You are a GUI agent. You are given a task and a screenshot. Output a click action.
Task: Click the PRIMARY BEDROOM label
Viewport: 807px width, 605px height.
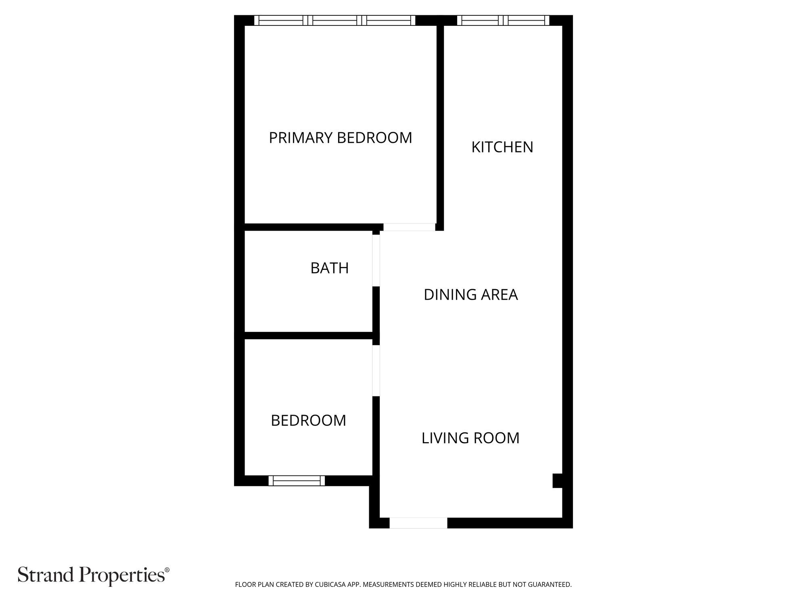click(x=341, y=138)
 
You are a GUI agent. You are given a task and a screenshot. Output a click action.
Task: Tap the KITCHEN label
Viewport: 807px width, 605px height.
click(x=502, y=147)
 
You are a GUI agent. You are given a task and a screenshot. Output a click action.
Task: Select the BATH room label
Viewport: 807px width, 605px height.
click(x=329, y=268)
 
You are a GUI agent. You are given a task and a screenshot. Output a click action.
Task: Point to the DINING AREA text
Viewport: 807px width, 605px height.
click(x=470, y=295)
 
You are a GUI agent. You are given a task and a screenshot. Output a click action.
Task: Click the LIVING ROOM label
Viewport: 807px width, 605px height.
click(x=470, y=438)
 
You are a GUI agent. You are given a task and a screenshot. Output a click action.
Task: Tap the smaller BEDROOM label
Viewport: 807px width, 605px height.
click(x=308, y=421)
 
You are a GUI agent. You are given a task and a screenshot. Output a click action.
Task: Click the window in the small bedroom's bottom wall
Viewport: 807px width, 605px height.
click(x=297, y=480)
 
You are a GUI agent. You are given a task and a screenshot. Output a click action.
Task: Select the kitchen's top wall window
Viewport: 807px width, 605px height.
click(x=503, y=20)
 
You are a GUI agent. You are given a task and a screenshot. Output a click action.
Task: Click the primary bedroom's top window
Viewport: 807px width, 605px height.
click(x=335, y=20)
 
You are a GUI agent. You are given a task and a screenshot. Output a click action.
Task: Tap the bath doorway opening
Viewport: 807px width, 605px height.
click(x=376, y=261)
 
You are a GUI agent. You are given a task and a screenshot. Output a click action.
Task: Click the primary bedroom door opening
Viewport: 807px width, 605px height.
click(x=409, y=227)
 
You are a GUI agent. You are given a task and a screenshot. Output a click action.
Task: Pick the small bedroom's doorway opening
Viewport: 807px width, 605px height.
click(x=376, y=371)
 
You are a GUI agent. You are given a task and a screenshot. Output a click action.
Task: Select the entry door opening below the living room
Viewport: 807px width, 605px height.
click(x=418, y=523)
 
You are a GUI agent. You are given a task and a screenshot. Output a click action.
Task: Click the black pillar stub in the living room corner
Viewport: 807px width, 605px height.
click(x=557, y=481)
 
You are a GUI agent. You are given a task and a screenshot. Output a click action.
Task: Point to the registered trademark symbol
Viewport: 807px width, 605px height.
click(x=167, y=570)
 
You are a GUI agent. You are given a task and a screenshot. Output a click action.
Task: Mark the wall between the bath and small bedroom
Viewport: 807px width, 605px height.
click(x=309, y=336)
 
